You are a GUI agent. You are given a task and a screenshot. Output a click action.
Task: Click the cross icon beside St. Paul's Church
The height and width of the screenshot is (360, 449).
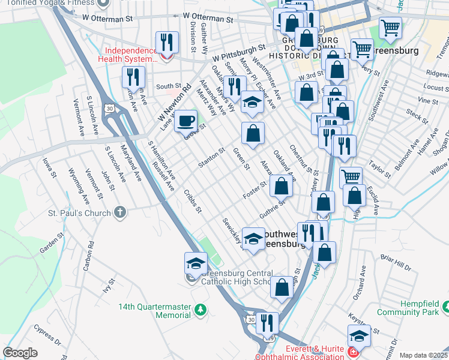point(121,212)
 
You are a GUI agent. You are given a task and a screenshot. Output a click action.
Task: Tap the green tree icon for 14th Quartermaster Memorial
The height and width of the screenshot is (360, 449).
point(201,310)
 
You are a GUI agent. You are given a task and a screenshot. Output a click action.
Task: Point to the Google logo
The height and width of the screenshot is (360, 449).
point(20,353)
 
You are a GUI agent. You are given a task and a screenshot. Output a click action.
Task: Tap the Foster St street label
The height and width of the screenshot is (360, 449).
point(254,190)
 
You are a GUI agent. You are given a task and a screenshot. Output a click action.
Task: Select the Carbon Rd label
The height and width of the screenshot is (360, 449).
point(90,254)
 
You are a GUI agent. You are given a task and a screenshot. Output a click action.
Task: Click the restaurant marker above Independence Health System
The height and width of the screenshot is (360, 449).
point(167,42)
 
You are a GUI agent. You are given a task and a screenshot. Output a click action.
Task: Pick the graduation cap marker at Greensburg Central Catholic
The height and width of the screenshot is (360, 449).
point(196,263)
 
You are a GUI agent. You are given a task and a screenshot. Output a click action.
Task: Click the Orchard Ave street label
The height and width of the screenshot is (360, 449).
point(360,289)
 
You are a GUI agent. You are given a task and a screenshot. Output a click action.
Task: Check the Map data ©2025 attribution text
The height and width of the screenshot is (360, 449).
point(424,355)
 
